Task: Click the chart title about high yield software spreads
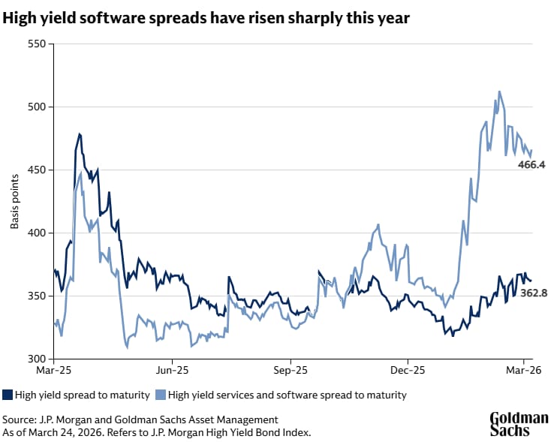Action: click(x=206, y=19)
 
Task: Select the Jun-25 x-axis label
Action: click(x=170, y=370)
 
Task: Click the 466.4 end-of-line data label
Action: click(x=531, y=164)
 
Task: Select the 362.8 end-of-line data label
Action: click(x=533, y=293)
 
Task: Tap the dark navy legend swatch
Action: click(x=8, y=395)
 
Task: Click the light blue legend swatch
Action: click(x=161, y=395)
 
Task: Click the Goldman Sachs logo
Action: click(x=519, y=424)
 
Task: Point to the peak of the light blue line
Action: click(x=499, y=92)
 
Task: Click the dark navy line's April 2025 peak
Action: click(x=80, y=134)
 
